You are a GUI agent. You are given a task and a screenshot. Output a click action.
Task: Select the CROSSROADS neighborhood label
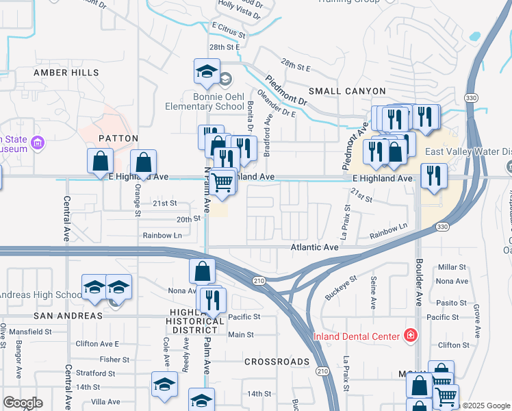click(277, 361)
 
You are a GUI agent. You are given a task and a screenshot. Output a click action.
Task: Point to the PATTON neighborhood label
click(114, 138)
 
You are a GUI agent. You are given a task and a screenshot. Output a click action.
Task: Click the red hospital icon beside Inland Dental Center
click(410, 336)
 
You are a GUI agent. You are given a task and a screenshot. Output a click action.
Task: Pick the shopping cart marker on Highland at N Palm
click(221, 182)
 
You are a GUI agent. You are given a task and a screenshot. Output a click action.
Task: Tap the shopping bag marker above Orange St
click(143, 162)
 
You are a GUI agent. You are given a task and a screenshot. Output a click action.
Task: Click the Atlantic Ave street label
click(314, 247)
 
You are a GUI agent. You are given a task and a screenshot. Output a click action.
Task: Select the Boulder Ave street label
click(419, 284)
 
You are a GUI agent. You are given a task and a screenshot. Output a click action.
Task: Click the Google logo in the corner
click(23, 403)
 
